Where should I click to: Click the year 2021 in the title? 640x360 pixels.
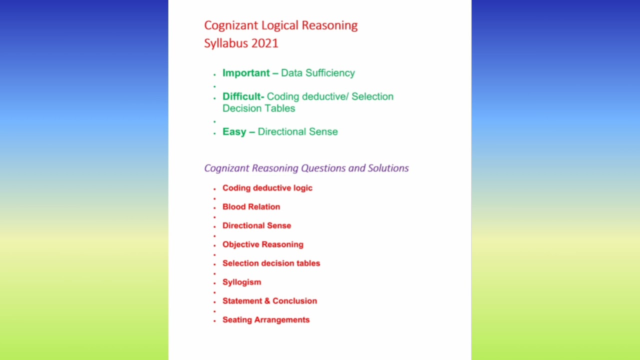[x=265, y=43]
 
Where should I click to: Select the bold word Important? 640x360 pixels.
[x=246, y=73]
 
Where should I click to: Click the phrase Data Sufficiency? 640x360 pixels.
[x=317, y=73]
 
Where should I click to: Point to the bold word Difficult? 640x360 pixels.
[x=242, y=96]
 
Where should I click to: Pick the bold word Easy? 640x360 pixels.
[x=234, y=132]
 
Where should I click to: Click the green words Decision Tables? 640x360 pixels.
[x=258, y=108]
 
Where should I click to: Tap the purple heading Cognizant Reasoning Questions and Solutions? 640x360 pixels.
[x=306, y=168]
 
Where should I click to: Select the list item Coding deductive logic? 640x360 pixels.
[x=267, y=188]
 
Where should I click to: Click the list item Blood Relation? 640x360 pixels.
[x=251, y=207]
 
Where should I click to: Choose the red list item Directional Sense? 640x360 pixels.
[x=256, y=225]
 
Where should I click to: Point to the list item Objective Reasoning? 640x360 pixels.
[x=262, y=244]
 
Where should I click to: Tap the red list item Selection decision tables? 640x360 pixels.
[x=271, y=263]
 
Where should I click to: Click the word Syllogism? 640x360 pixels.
[x=241, y=282]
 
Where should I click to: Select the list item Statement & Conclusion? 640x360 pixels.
[x=269, y=301]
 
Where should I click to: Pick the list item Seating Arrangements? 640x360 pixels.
[x=266, y=320]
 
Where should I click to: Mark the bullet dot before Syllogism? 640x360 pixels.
[x=215, y=283]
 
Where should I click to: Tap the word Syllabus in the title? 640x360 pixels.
[x=226, y=43]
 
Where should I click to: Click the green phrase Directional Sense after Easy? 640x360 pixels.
[x=297, y=132]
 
